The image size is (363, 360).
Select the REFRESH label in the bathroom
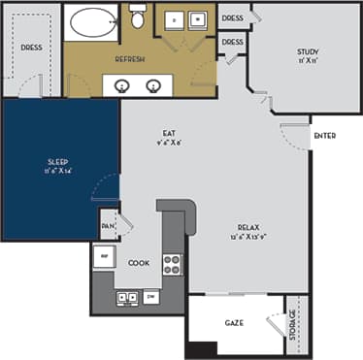130,60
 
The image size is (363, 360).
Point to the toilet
137,17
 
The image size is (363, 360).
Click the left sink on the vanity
123,85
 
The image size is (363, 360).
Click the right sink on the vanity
153,85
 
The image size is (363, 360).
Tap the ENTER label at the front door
324,136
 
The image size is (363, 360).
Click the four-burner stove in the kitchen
172,263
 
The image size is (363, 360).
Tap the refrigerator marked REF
103,256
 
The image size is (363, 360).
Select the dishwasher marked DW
150,296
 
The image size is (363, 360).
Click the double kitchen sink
125,296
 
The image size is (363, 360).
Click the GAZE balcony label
234,322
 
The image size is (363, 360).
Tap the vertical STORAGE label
291,324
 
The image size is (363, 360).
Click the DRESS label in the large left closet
31,46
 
